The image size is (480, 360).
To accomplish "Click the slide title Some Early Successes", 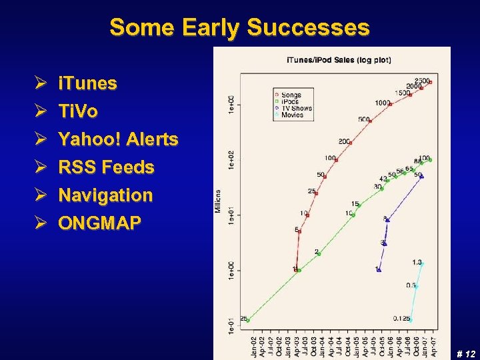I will click(239, 27).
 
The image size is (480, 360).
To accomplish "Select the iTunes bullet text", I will click(87, 83).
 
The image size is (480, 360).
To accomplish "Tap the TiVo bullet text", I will click(78, 111).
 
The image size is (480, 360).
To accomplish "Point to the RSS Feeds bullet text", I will click(106, 167).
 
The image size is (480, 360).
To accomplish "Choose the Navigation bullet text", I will click(105, 195).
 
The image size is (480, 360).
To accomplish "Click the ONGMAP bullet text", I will click(99, 223).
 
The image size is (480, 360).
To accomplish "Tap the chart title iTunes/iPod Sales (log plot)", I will click(339, 60).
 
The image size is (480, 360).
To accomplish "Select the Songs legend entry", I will click(291, 95).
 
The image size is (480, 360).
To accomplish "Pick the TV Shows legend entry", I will click(296, 108).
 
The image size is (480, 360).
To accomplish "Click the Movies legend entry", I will click(291, 115).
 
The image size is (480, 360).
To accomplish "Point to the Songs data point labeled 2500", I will click(431, 82).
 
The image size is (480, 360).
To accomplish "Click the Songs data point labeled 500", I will click(370, 121).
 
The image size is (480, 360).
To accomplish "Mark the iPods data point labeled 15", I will click(359, 206).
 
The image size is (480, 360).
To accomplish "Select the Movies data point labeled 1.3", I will click(422, 264).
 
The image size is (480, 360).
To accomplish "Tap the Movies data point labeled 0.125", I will click(410, 320).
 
